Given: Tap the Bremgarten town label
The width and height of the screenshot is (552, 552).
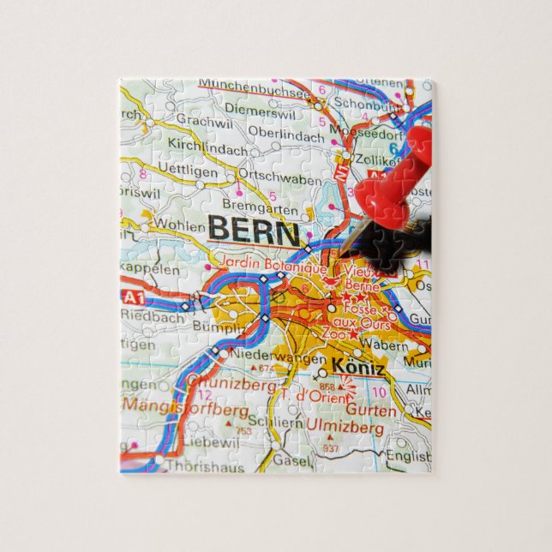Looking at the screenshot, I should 260,207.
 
